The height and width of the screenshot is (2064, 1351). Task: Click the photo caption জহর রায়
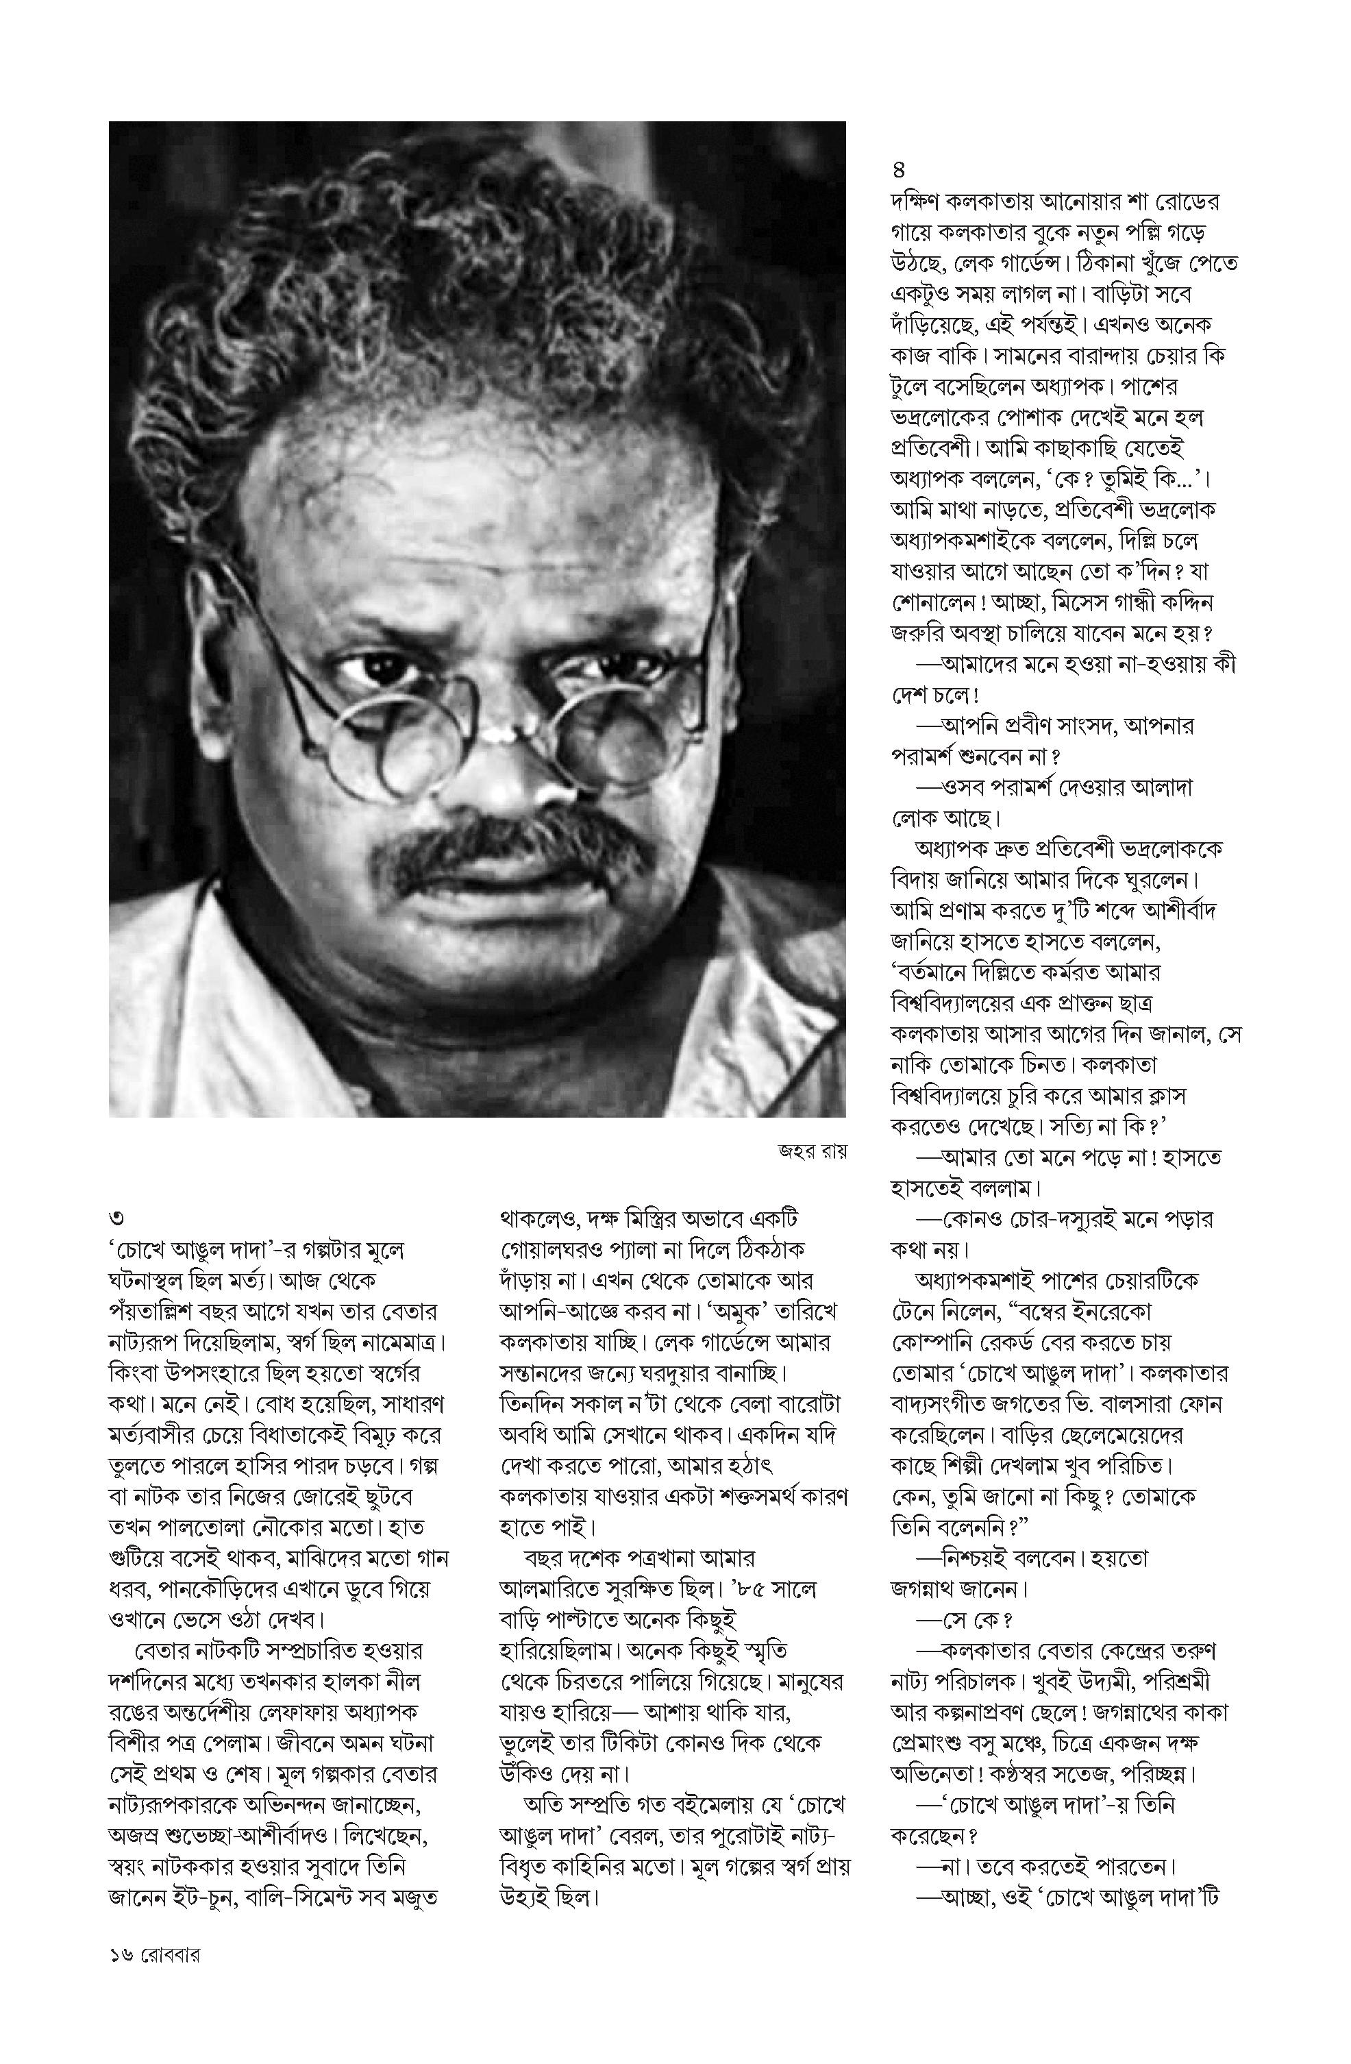point(810,1152)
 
